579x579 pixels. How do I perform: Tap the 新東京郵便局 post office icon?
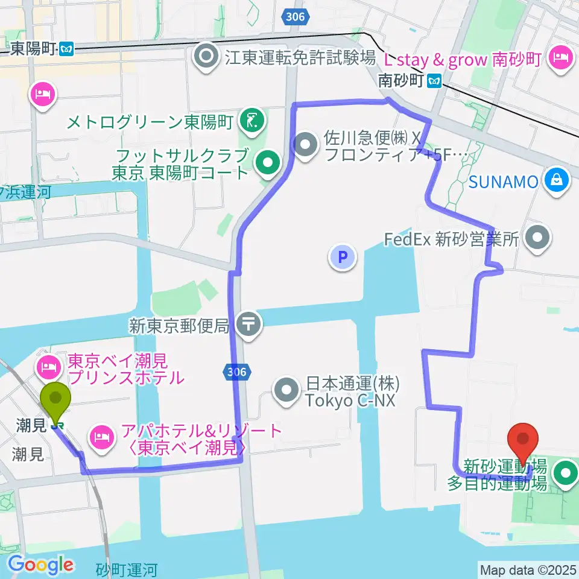248,324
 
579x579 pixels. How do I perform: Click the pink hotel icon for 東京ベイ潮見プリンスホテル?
48,365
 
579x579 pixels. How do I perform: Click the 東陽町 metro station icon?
67,49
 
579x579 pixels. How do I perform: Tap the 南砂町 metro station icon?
434,80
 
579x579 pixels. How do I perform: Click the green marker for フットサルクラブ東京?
266,161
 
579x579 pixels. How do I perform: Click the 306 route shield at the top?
295,17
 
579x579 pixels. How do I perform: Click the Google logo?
41,565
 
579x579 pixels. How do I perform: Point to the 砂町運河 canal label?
127,569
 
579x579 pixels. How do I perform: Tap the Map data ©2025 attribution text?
527,569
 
